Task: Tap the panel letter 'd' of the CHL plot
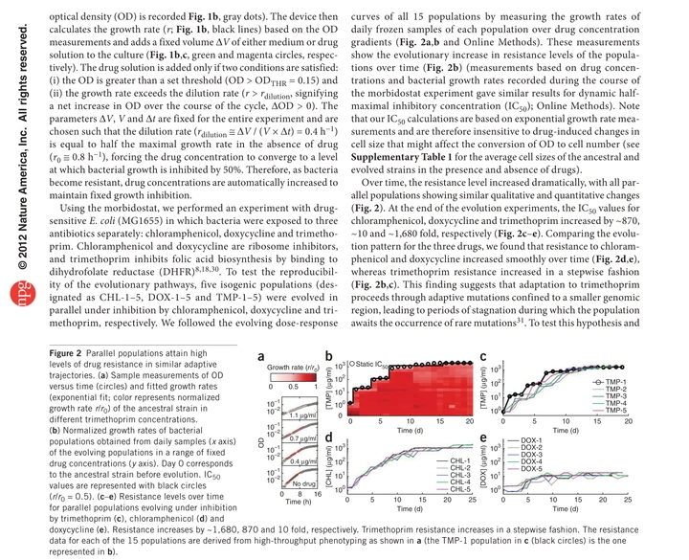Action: click(329, 440)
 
